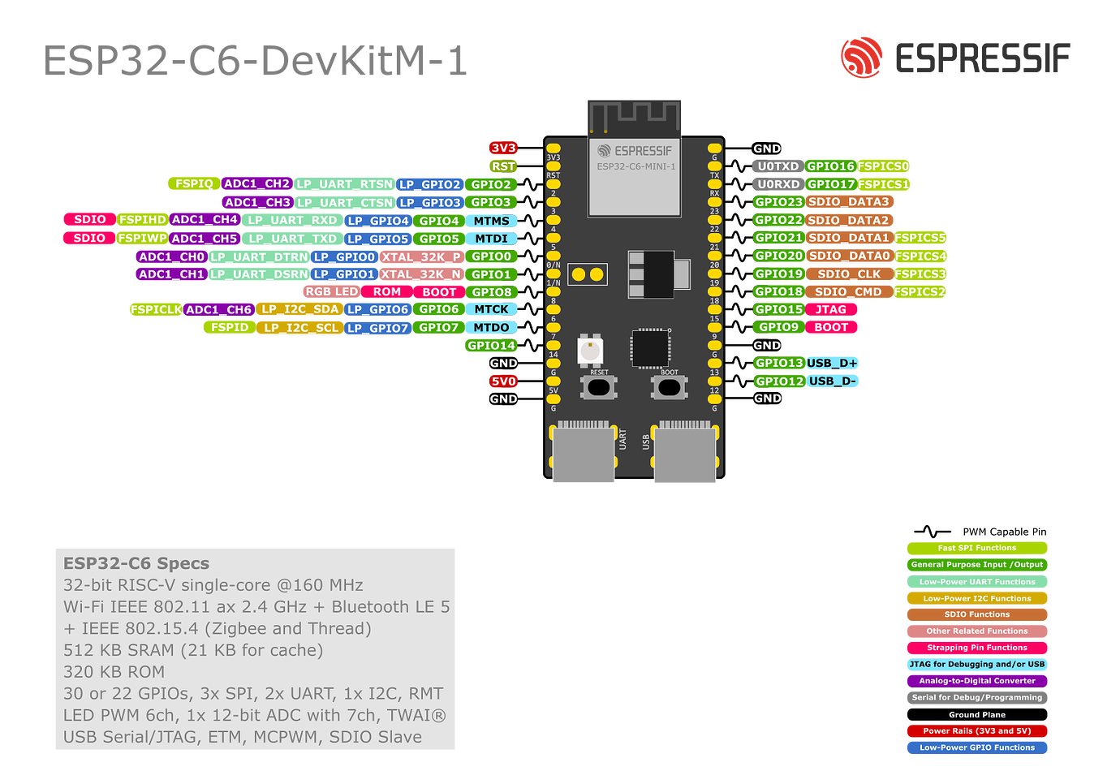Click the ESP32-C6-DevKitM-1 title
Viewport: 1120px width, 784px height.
click(255, 61)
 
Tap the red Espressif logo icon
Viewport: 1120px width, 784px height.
click(861, 58)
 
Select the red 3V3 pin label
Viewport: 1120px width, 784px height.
click(503, 148)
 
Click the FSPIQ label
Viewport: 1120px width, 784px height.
click(194, 184)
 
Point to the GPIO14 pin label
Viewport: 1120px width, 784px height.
click(491, 346)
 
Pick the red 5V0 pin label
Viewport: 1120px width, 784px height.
click(503, 381)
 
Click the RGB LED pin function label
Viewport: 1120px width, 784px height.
click(331, 292)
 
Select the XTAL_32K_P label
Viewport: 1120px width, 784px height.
click(421, 256)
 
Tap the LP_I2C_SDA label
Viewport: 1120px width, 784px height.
click(299, 309)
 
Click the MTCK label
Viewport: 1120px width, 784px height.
click(491, 309)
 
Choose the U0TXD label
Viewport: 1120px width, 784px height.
click(778, 166)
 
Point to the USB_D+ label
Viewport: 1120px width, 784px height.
click(832, 363)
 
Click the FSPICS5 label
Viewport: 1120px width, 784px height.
click(920, 238)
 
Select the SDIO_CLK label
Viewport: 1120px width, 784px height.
click(849, 274)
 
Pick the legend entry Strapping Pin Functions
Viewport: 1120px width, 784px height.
click(977, 648)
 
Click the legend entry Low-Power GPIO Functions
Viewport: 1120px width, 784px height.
click(977, 747)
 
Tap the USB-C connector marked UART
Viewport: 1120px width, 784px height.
click(583, 454)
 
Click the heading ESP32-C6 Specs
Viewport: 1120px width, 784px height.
click(136, 563)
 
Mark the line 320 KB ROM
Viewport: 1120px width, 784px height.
click(114, 672)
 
